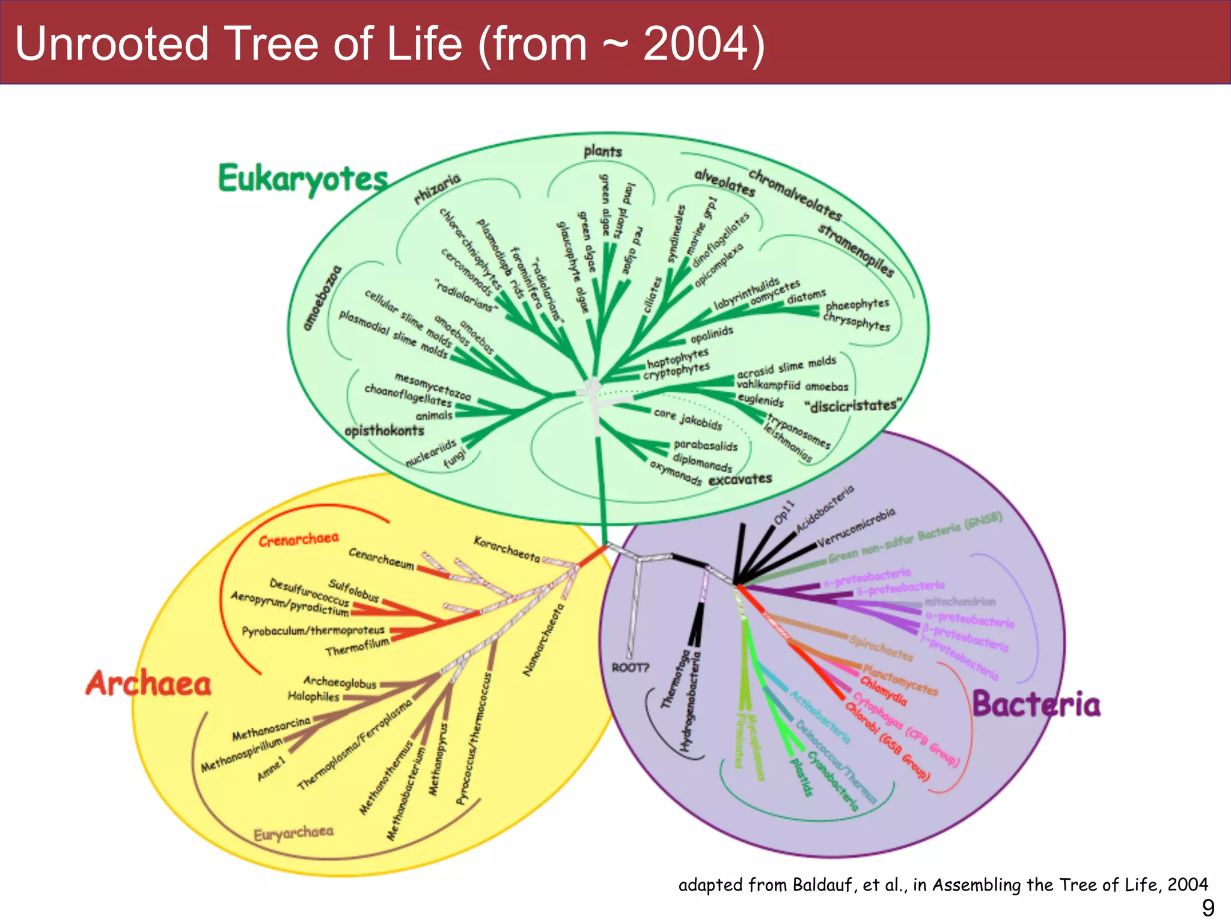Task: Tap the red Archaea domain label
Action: click(x=148, y=684)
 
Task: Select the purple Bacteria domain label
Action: click(x=1036, y=704)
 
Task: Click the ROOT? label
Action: click(x=630, y=668)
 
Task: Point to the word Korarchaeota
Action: click(x=506, y=549)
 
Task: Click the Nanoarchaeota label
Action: click(x=544, y=640)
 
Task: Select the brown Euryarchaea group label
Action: click(x=293, y=834)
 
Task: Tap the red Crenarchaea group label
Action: click(x=299, y=540)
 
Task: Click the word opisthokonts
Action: click(x=384, y=431)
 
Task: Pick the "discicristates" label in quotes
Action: click(x=853, y=406)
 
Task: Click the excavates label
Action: click(x=740, y=480)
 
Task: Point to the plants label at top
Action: click(x=602, y=151)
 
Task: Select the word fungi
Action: click(x=455, y=458)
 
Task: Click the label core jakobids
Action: click(x=688, y=419)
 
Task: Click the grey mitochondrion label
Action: click(x=959, y=602)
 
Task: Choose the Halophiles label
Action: click(x=313, y=696)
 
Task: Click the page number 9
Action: click(x=1208, y=907)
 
